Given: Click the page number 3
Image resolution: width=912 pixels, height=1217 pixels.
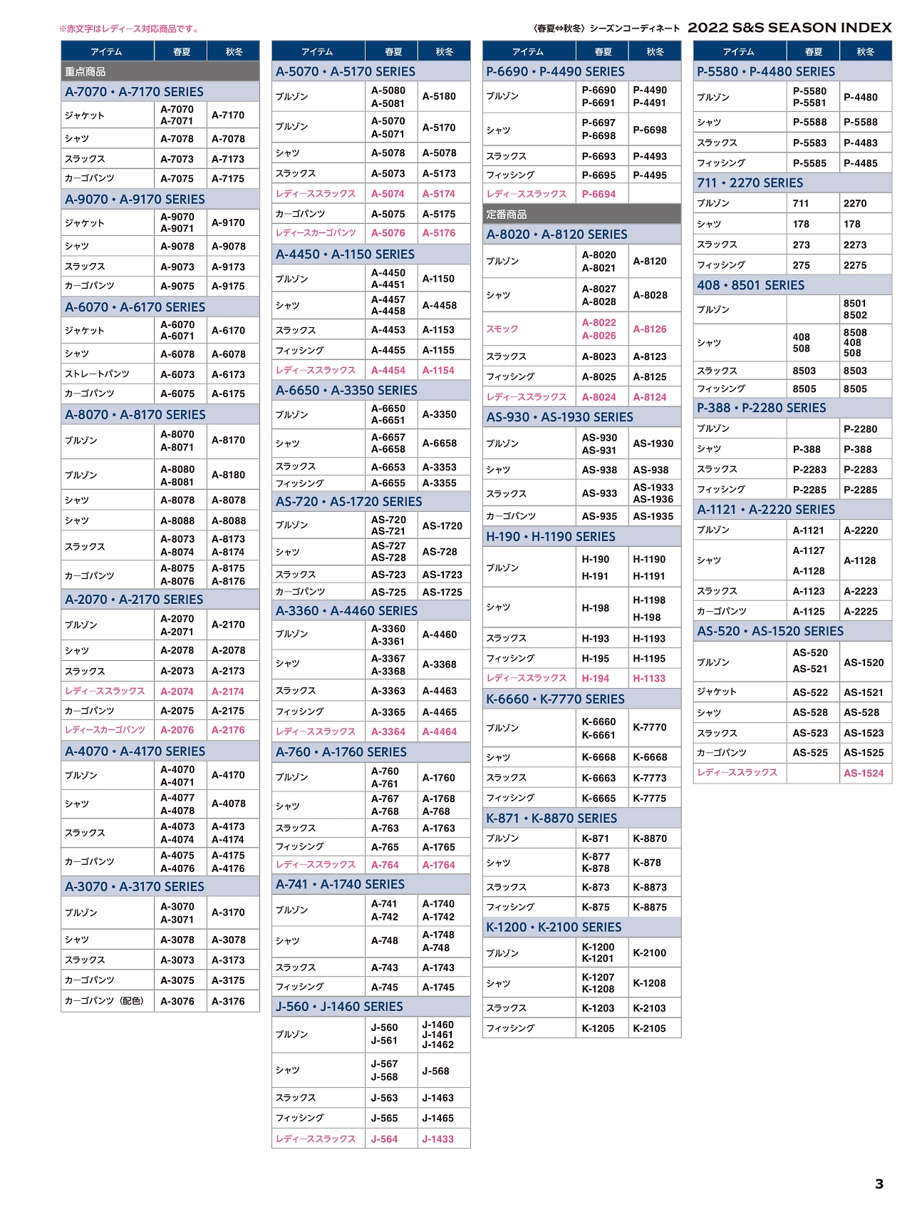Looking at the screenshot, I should click(879, 1183).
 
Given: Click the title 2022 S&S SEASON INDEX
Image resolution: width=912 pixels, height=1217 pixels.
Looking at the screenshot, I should click(789, 28).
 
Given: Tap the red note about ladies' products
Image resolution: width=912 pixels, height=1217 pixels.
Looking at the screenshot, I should click(130, 29).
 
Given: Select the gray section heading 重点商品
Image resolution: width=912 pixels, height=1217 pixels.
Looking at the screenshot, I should click(85, 71).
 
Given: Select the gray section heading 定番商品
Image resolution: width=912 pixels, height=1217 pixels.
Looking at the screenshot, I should click(507, 214).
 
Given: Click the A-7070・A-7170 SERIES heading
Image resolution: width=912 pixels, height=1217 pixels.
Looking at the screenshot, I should click(134, 92).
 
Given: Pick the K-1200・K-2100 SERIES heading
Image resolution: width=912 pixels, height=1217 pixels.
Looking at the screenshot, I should click(554, 927).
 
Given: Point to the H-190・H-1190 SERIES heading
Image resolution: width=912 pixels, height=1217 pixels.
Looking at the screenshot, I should click(551, 536).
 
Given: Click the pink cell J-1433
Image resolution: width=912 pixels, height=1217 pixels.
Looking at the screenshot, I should click(437, 1139).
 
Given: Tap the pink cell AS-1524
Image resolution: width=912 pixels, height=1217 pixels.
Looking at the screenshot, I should click(864, 773).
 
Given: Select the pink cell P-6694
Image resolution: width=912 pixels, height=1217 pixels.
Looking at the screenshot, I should click(598, 194).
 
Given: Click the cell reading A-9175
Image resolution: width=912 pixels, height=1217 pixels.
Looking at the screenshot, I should click(228, 286).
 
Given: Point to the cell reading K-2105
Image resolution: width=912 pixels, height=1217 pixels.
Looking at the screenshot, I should click(649, 1028).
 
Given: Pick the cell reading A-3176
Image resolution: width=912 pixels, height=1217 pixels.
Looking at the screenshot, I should click(228, 1001).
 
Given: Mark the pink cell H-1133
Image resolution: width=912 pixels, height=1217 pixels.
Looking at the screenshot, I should click(649, 678).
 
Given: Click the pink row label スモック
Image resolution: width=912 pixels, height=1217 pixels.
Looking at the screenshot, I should click(502, 329).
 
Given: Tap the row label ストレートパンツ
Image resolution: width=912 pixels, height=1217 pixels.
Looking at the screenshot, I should click(97, 374).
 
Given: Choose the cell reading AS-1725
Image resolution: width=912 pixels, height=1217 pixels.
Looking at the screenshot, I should click(442, 592).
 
